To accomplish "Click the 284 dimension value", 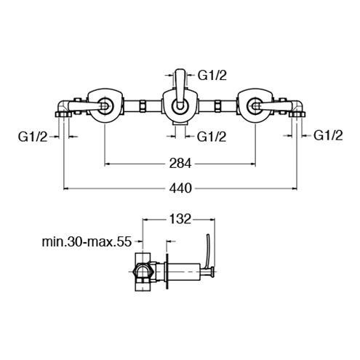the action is (x=180, y=163).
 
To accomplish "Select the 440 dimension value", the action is (x=180, y=188).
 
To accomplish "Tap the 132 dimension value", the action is (x=180, y=219).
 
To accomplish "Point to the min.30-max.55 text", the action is (x=87, y=241).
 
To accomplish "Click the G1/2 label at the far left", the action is (x=33, y=137).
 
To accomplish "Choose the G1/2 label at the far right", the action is (x=328, y=135).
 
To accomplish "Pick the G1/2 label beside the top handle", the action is (x=212, y=76).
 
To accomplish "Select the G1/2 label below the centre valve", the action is (x=212, y=137).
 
